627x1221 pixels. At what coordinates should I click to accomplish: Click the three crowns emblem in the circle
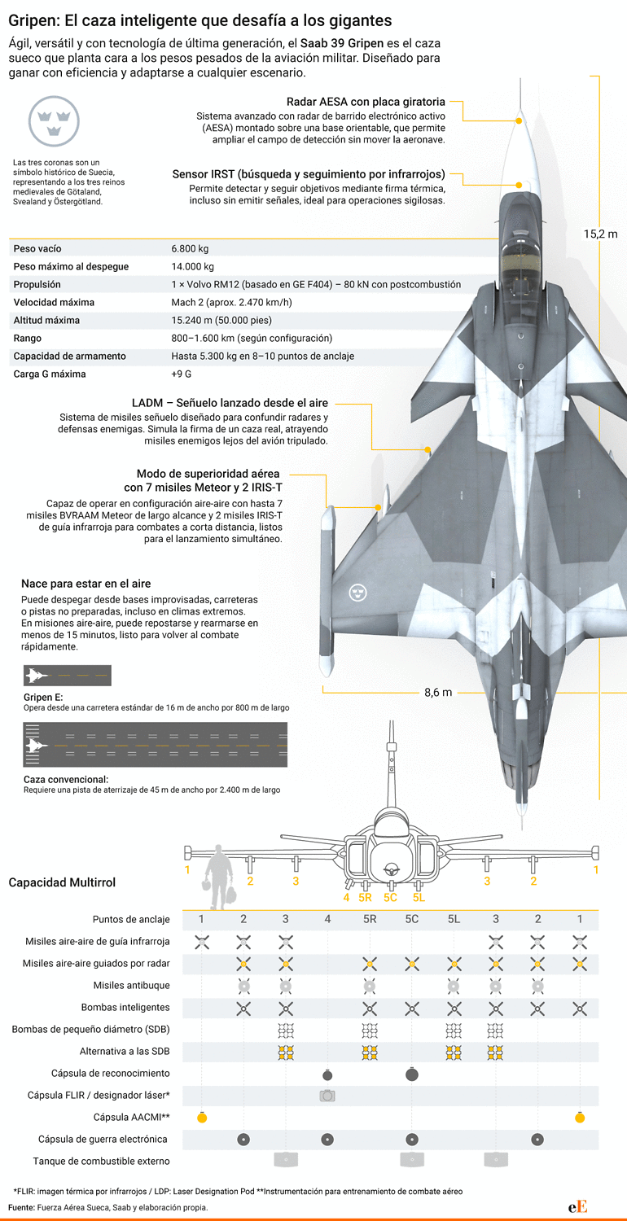coord(54,121)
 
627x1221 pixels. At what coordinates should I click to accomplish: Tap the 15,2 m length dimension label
coord(600,234)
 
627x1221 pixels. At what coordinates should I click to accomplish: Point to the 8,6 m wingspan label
coord(438,692)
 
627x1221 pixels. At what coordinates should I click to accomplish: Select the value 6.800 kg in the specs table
coord(190,248)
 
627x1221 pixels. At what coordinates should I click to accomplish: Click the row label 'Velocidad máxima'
coord(54,303)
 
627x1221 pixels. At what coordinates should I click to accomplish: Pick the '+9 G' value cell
coord(181,374)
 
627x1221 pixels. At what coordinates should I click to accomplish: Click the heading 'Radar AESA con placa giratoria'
coord(366,102)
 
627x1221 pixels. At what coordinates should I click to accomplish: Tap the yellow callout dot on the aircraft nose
coord(519,120)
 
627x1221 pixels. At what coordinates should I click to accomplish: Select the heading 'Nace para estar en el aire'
coord(86,584)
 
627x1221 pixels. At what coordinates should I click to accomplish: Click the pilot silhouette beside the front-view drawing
coord(220,877)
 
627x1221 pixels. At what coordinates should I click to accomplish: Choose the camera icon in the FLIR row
coord(327,1095)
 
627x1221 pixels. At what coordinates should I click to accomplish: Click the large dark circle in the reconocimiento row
coord(412,1074)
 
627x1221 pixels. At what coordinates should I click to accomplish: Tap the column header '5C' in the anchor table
coord(412,919)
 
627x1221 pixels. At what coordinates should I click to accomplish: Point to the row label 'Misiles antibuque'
coord(131,985)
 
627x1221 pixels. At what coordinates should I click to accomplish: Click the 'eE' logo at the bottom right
coord(577,1207)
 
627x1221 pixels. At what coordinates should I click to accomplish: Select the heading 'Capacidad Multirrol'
coord(62,882)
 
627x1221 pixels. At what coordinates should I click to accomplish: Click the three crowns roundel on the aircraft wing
coord(357,593)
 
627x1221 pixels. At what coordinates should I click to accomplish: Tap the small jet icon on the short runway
coord(37,676)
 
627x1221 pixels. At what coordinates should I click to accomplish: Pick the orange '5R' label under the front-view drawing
coord(365,898)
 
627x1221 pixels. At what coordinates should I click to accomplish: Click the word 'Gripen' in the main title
coord(33,21)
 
